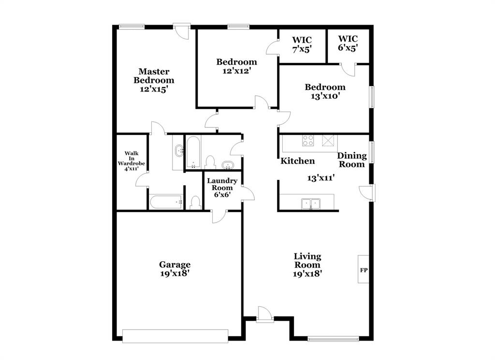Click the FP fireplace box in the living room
(x=363, y=270)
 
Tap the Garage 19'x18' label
(x=175, y=269)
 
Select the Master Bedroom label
(x=154, y=80)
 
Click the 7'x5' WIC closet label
(x=302, y=44)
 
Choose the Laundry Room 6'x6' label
(x=222, y=187)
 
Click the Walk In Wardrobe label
(x=131, y=161)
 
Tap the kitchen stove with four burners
(x=308, y=140)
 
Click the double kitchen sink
(x=311, y=203)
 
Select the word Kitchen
(x=298, y=161)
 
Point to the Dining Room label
(x=351, y=160)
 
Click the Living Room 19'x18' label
(x=307, y=265)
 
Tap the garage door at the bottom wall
(x=175, y=336)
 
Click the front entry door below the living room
(x=264, y=315)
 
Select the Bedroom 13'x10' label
(x=325, y=91)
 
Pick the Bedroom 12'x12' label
(x=236, y=66)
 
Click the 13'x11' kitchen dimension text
(x=321, y=178)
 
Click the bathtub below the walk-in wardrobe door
(x=165, y=202)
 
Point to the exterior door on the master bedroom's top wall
(x=182, y=30)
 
